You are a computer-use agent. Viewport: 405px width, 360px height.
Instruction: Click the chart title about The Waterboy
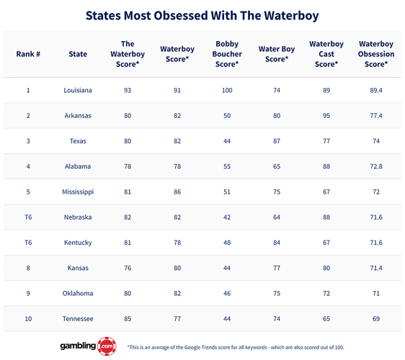pos(202,15)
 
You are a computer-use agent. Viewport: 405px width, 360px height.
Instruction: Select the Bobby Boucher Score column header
pos(226,54)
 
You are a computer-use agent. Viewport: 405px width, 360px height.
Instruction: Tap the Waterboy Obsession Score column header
pos(376,54)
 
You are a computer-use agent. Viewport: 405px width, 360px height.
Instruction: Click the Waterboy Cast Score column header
pos(326,54)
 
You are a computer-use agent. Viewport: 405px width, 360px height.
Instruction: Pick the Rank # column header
pos(28,54)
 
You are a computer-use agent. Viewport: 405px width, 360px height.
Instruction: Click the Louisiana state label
pos(78,91)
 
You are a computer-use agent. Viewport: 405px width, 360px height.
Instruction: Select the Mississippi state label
pos(78,192)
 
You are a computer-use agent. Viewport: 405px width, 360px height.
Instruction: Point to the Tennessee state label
pos(78,318)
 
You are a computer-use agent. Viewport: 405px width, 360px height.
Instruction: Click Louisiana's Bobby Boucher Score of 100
pos(226,91)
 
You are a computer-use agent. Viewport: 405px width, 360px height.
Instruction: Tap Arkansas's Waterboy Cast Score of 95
pos(326,116)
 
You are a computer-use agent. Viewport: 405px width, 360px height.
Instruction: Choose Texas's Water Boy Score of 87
pos(277,141)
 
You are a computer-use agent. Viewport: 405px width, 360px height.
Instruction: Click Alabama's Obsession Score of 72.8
pos(376,166)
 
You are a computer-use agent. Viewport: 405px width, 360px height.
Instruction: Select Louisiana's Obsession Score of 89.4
pos(376,91)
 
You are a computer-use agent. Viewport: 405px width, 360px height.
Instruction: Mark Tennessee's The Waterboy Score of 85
pos(128,318)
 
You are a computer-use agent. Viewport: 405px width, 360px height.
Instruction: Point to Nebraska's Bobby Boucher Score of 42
pos(226,217)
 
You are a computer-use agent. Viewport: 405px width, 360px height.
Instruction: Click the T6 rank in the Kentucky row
pos(28,243)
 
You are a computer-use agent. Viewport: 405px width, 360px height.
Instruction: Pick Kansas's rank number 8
pos(28,268)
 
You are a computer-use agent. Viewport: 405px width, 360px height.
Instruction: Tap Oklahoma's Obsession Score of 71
pos(376,293)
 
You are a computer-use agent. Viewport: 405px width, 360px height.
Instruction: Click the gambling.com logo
pos(86,346)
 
